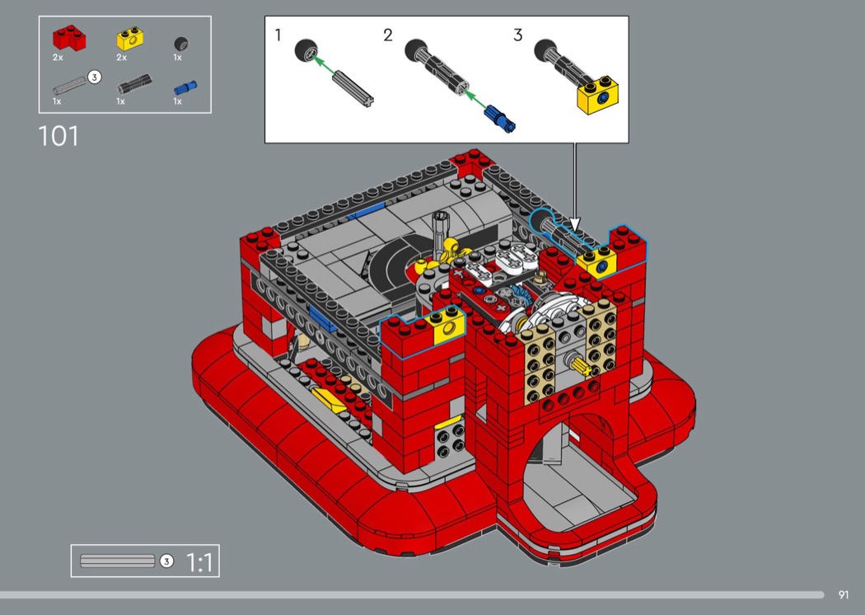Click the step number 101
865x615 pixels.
(58, 136)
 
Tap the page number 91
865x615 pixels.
(843, 594)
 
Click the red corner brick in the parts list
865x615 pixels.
(69, 38)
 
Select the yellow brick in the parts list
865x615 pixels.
(130, 38)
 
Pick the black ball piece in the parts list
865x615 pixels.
(181, 44)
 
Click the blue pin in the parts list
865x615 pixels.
(185, 87)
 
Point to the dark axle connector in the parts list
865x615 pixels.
(134, 84)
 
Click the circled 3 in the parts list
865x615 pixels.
(95, 77)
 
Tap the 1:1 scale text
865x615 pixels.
(199, 562)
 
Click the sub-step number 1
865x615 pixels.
(278, 35)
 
